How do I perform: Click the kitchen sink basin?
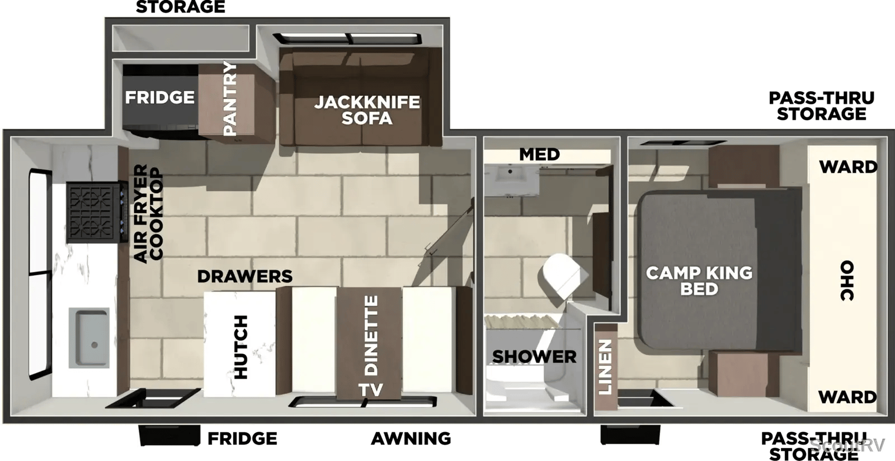(x=89, y=337)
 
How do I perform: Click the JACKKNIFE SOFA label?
(x=367, y=110)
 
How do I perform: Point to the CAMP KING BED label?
(x=699, y=281)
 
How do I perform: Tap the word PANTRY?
(x=230, y=98)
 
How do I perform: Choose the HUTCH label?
(x=241, y=347)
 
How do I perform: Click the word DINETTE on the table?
(x=371, y=335)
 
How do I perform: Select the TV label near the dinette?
(x=371, y=389)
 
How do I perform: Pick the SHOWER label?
(x=534, y=357)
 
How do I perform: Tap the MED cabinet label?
(x=539, y=154)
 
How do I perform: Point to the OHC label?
(x=847, y=280)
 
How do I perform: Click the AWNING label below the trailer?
(x=411, y=439)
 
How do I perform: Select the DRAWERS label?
(x=245, y=276)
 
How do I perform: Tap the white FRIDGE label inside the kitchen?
(x=160, y=97)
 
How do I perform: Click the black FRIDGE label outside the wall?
(x=242, y=439)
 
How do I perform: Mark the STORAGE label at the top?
(x=181, y=7)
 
